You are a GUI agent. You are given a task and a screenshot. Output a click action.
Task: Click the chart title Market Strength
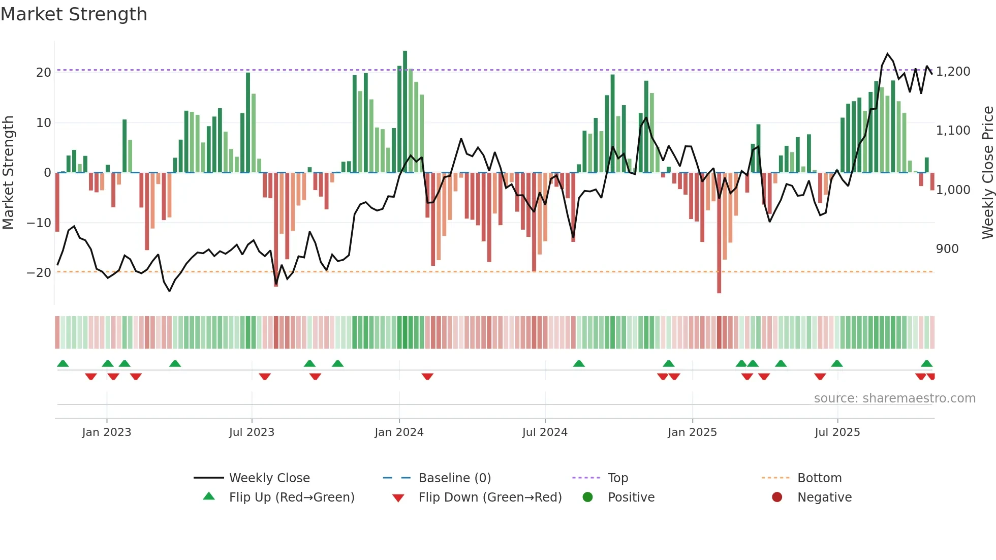pos(74,14)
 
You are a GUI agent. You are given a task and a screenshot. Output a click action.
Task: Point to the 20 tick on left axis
pos(44,72)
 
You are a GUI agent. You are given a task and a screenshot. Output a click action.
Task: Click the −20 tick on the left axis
pos(40,273)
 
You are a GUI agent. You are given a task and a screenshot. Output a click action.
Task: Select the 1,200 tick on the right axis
pos(953,72)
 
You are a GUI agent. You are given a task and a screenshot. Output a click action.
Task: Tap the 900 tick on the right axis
pos(947,249)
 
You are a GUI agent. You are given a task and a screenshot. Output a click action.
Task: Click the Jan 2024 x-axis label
pos(399,432)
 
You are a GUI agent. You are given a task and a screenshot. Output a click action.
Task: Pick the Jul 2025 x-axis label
pos(837,432)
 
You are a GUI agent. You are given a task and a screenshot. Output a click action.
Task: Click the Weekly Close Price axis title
pos(987,173)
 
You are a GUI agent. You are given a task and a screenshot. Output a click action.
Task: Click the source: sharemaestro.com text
pos(894,398)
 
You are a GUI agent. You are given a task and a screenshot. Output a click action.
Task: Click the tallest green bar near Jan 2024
pos(405,112)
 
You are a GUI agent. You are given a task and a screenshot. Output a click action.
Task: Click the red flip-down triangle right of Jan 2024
pos(427,377)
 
